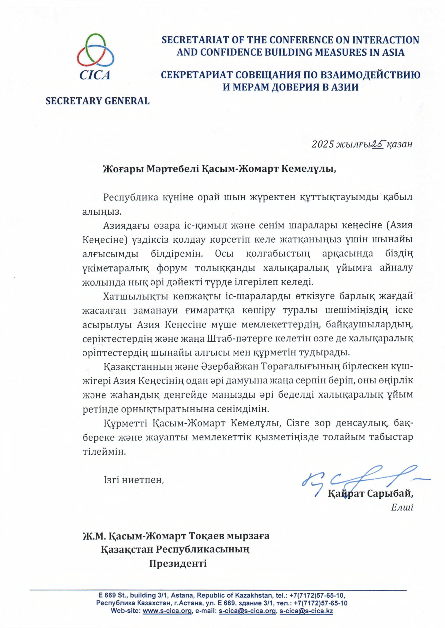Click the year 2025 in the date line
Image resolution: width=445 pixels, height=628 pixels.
tap(322, 144)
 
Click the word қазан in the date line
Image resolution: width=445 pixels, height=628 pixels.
tap(400, 144)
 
